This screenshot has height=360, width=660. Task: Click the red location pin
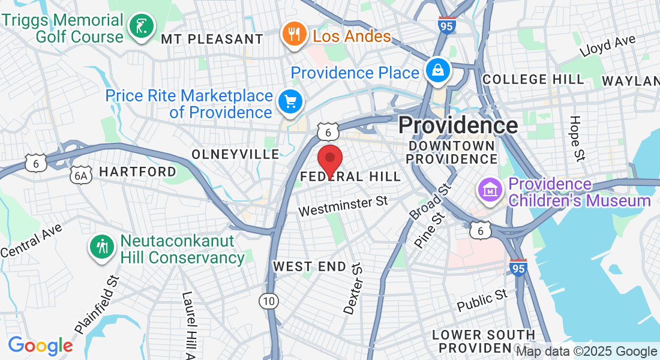point(329,160)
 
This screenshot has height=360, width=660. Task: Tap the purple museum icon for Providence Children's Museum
point(489,190)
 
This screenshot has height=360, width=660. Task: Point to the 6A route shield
point(80,175)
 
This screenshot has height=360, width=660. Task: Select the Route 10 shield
point(269,301)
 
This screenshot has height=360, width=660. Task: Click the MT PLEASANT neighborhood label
point(212,40)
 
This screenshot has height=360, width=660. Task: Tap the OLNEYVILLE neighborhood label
point(235,154)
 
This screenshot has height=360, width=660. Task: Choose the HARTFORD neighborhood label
point(138,172)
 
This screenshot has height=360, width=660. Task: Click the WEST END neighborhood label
point(310,266)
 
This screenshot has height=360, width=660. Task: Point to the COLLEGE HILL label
point(533,79)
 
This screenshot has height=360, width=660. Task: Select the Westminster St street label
point(343,206)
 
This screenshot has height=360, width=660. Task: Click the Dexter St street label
point(353,288)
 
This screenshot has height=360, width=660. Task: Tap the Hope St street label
point(577,139)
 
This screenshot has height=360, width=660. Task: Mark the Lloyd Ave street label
point(608,46)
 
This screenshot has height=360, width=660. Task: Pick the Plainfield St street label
point(97,305)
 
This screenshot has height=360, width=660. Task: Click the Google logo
point(40,346)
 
